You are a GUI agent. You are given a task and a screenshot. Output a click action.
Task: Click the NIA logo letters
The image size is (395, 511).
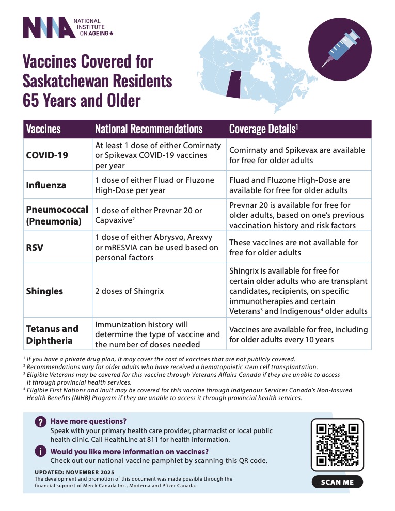click(x=49, y=27)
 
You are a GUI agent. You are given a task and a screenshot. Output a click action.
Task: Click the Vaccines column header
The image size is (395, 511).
click(x=43, y=129)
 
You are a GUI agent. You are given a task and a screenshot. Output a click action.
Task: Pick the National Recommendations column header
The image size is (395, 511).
click(x=149, y=129)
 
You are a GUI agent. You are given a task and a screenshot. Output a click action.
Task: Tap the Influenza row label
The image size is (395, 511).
click(x=46, y=185)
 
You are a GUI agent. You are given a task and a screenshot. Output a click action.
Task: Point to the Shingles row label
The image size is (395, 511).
click(x=44, y=291)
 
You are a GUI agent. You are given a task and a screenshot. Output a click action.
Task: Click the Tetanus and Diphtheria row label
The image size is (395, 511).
click(x=52, y=334)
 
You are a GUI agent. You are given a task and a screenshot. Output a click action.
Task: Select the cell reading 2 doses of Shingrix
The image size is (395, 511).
click(x=129, y=291)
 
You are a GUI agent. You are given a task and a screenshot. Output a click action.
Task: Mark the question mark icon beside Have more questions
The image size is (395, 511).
click(x=40, y=422)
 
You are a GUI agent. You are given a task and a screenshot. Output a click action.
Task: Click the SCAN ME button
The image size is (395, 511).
click(x=337, y=482)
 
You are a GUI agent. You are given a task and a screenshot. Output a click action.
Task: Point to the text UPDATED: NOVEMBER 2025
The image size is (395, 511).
click(x=74, y=472)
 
